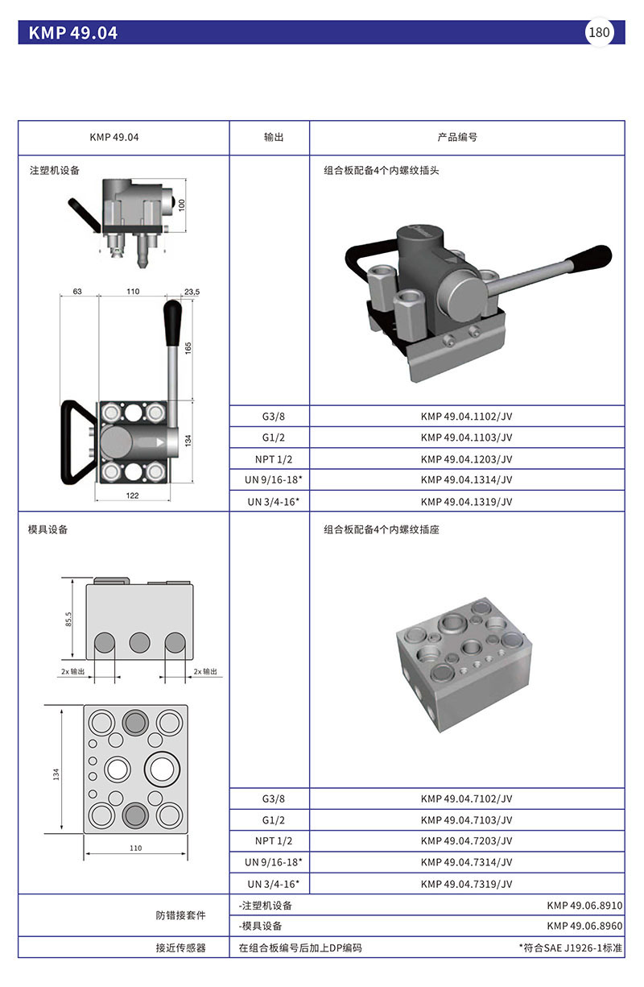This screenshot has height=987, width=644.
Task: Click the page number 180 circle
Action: [x=600, y=33]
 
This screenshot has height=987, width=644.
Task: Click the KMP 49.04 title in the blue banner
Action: [x=73, y=33]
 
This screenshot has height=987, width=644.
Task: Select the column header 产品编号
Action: [x=457, y=138]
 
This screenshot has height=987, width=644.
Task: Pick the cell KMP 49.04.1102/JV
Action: [x=466, y=417]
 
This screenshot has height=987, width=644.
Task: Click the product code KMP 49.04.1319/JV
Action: [x=466, y=501]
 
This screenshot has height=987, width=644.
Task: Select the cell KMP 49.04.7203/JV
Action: [x=466, y=841]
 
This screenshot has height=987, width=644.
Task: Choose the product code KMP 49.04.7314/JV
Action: [x=466, y=862]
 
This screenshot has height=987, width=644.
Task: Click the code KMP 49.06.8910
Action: [x=584, y=905]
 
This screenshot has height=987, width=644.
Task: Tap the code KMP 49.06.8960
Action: [x=584, y=926]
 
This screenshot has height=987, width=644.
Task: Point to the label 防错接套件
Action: [x=180, y=915]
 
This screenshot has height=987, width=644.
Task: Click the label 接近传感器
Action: [x=180, y=948]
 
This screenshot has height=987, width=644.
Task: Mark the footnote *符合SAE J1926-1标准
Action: [x=570, y=948]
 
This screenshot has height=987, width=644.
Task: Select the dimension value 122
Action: [x=133, y=496]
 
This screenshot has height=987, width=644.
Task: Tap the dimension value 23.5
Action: [x=192, y=292]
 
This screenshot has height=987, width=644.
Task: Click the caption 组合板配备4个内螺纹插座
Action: [x=381, y=530]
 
